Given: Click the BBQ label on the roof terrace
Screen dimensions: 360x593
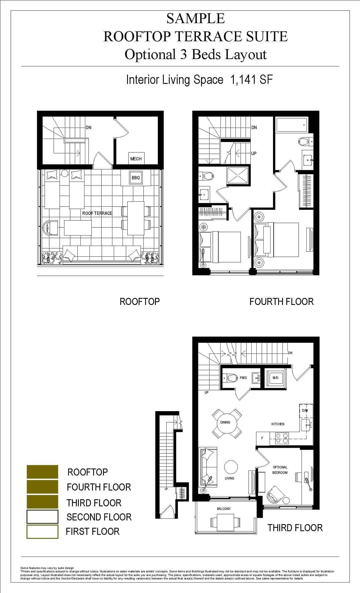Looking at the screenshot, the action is click(136, 178).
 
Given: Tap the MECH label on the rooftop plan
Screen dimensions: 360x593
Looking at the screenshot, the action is click(136, 159).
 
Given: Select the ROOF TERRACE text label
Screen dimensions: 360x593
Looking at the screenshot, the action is click(97, 213).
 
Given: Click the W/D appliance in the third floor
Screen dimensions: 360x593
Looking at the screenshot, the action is click(276, 378).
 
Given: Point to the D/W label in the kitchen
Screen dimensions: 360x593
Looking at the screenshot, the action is click(305, 410).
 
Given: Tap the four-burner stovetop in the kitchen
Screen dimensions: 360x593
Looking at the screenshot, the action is click(282, 438).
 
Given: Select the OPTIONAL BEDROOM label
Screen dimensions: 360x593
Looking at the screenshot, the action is click(280, 470).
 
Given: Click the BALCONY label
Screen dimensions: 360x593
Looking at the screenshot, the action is click(224, 509).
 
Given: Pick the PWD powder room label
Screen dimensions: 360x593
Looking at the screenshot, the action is click(243, 378).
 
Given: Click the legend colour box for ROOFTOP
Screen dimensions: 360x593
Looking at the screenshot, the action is click(42, 472).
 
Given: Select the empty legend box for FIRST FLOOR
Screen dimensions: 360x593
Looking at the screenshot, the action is click(42, 532).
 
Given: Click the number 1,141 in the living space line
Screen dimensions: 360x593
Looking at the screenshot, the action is click(243, 80).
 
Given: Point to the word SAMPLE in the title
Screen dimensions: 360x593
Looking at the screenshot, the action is click(195, 19).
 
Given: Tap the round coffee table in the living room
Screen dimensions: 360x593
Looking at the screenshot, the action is click(231, 467).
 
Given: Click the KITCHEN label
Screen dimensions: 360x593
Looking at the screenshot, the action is click(278, 424).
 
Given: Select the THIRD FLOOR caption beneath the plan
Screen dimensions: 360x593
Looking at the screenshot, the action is click(295, 528).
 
